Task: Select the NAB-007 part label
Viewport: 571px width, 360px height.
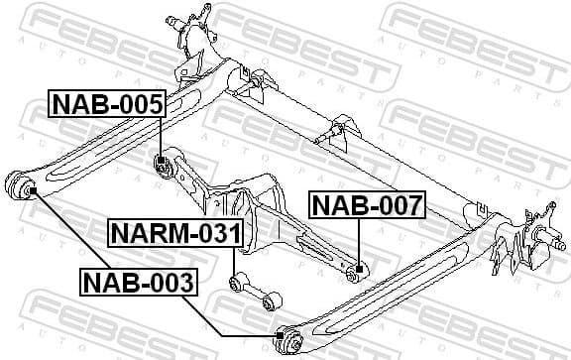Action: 367,205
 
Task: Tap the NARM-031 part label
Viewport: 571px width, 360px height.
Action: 174,235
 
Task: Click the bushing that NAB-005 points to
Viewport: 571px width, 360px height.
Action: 164,163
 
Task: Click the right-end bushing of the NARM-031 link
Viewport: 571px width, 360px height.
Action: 273,300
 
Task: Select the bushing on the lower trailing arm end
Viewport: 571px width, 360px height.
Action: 289,341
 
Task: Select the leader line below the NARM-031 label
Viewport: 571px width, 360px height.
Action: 232,261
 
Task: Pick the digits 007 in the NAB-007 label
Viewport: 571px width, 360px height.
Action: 397,205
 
